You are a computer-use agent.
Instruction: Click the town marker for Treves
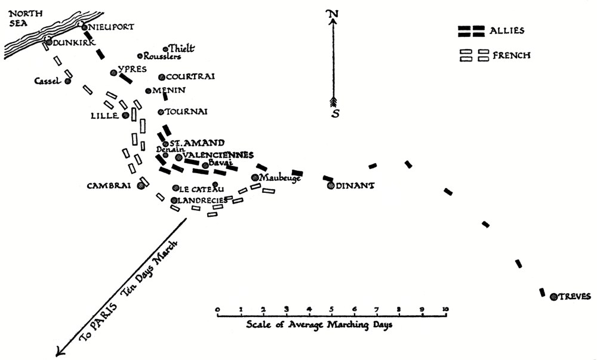click(554, 296)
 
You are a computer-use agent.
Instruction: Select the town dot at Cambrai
click(141, 185)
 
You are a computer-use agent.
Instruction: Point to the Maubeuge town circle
click(255, 177)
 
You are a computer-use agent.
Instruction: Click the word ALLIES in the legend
click(508, 30)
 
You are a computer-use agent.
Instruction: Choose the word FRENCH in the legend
click(512, 56)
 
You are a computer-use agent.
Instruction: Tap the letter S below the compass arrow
click(336, 113)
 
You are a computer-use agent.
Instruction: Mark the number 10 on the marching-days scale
click(445, 309)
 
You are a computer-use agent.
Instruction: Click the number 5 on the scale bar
click(332, 309)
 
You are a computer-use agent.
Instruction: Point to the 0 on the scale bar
click(218, 309)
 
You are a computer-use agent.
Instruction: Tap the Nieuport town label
click(111, 27)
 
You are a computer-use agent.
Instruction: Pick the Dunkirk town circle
click(48, 41)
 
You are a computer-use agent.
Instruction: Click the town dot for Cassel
click(68, 81)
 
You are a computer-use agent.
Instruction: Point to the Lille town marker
click(125, 115)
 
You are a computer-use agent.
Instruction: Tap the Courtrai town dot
click(161, 77)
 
